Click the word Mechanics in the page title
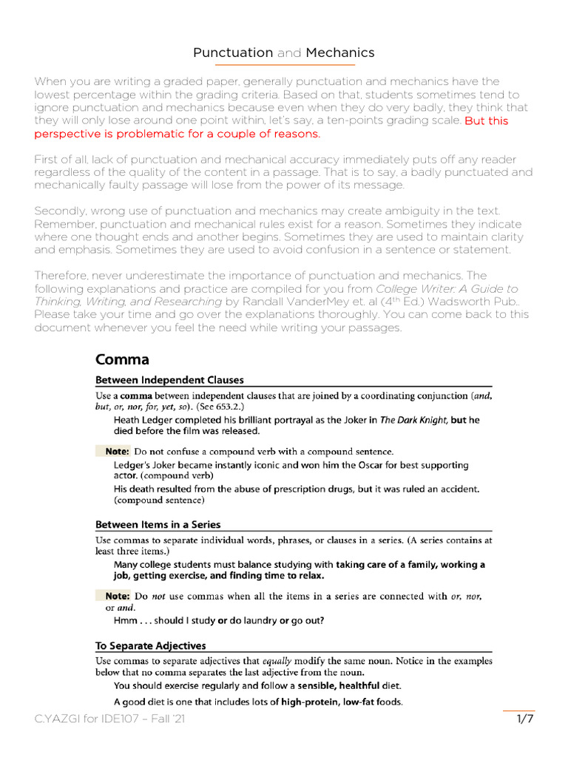(340, 52)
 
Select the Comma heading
(122, 360)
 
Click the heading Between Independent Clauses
(169, 380)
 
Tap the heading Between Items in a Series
(158, 524)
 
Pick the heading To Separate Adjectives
(151, 645)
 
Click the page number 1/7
(525, 719)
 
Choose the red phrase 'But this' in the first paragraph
(487, 120)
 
